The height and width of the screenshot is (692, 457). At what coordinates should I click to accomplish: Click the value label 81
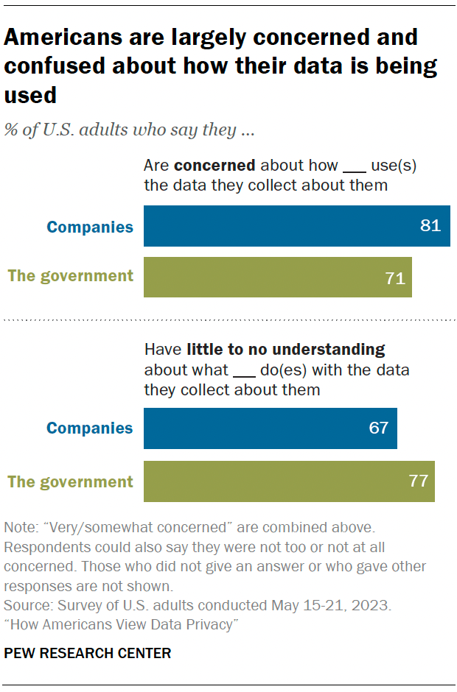[x=430, y=226]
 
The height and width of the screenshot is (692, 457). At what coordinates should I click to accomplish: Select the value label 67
[x=378, y=428]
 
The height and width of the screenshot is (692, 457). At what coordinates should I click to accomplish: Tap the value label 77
[x=419, y=481]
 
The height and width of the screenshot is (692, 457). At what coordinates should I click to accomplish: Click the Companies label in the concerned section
[x=90, y=227]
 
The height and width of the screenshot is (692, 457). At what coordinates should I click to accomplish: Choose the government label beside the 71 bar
[x=71, y=276]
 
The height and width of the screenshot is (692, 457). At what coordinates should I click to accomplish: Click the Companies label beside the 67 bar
[x=90, y=428]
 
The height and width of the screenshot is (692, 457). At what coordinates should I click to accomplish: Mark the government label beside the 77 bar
[x=71, y=482]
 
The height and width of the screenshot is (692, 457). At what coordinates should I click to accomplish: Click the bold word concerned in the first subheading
[x=214, y=166]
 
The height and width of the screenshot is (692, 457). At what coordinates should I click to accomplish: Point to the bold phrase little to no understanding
[x=286, y=349]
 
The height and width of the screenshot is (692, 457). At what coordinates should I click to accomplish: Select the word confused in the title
[x=55, y=66]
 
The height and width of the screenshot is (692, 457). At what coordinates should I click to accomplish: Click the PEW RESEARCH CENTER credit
[x=88, y=653]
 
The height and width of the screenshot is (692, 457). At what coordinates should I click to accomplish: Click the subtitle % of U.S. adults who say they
[x=129, y=130]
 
